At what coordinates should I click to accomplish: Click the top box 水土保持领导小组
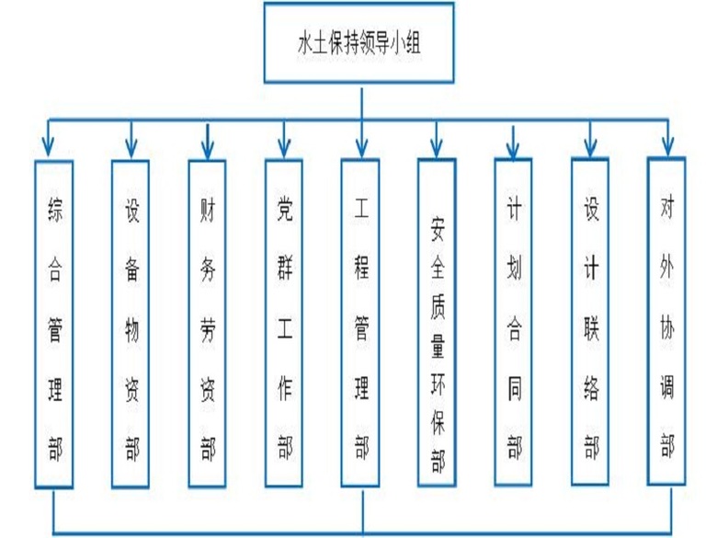[x=359, y=43]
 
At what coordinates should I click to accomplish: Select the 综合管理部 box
[x=53, y=323]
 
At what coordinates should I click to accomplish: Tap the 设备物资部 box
[x=131, y=323]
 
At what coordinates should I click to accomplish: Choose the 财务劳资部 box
[x=207, y=323]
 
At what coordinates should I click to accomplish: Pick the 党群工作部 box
[x=284, y=323]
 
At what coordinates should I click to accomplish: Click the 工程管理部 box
[x=360, y=323]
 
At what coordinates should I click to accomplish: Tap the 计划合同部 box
[x=514, y=323]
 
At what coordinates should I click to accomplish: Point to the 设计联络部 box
[x=591, y=323]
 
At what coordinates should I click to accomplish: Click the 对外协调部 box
[x=667, y=323]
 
